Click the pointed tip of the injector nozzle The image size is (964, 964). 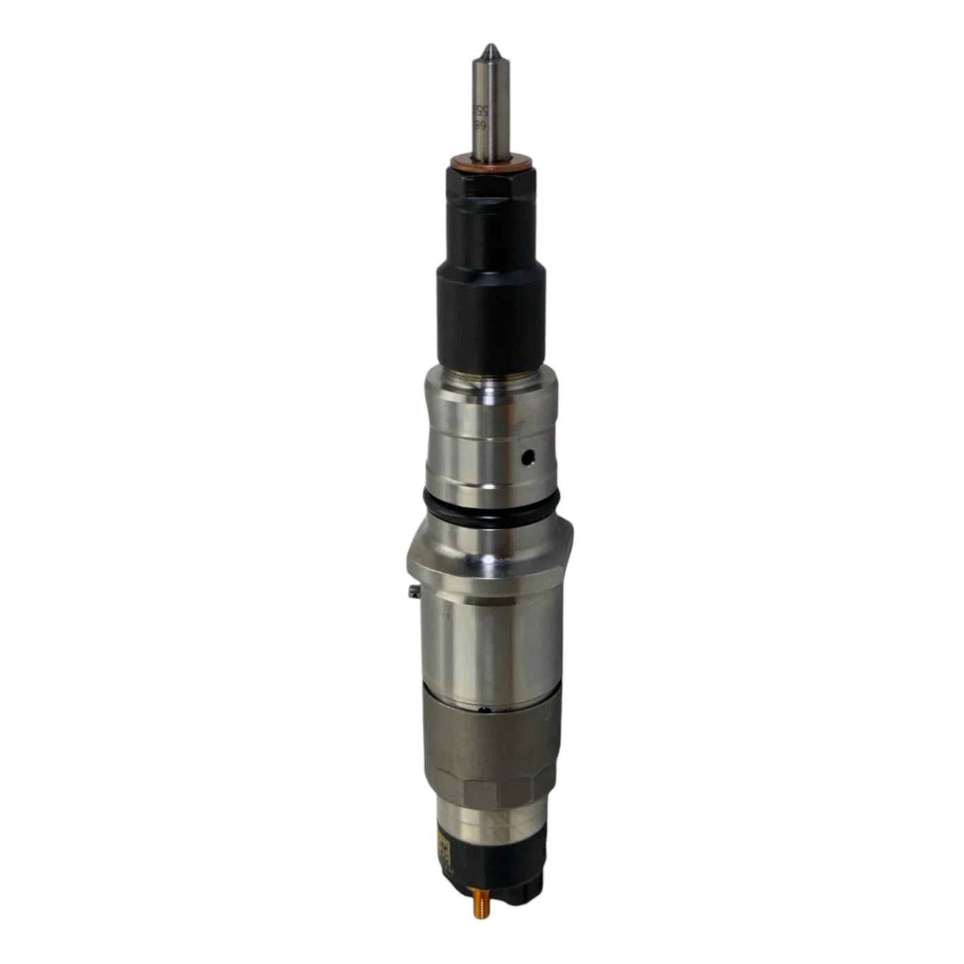[x=488, y=48]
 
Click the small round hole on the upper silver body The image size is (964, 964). [x=527, y=455]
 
